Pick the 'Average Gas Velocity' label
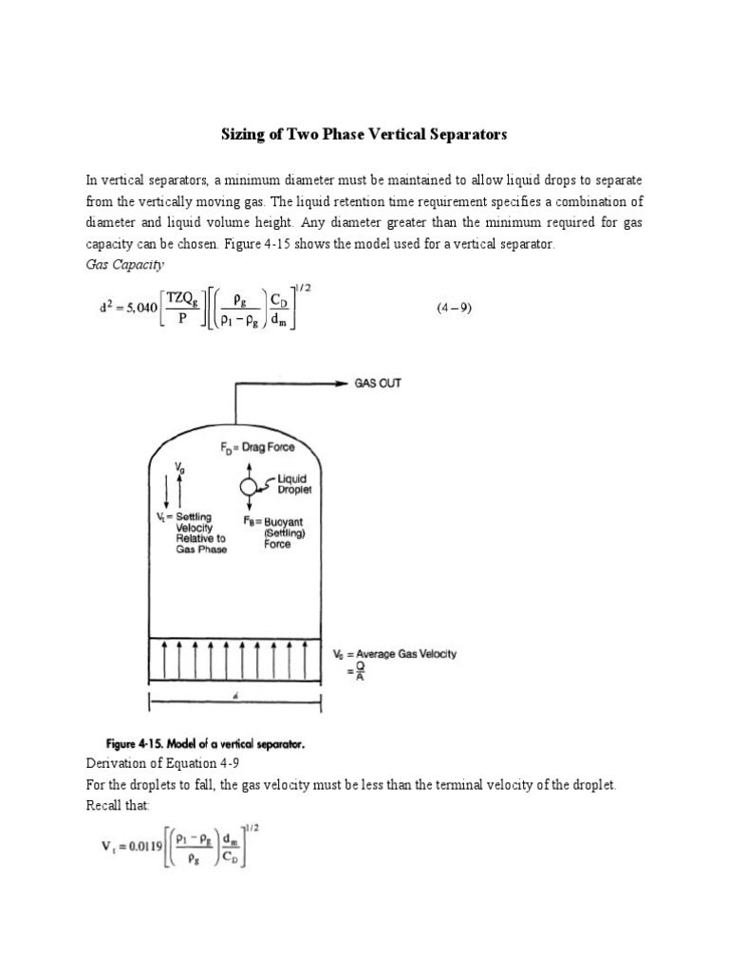click(408, 655)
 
